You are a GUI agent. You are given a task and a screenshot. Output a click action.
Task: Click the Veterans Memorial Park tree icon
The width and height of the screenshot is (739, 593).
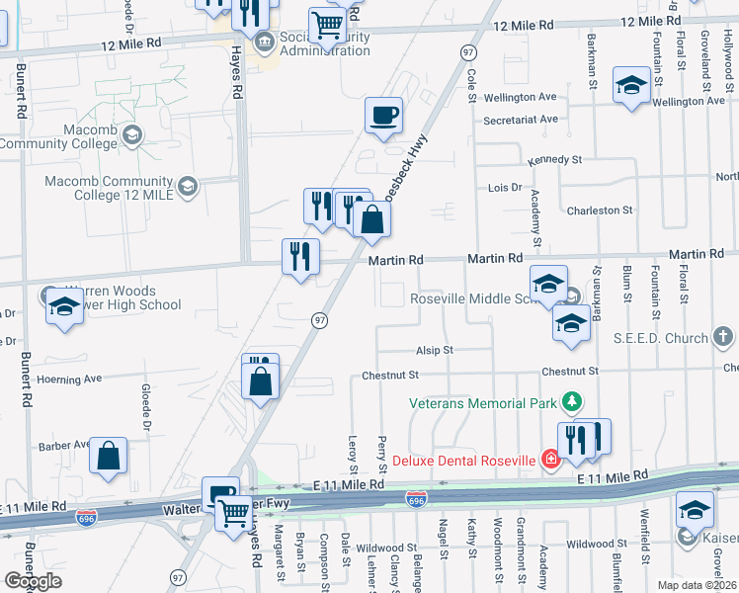[569, 401]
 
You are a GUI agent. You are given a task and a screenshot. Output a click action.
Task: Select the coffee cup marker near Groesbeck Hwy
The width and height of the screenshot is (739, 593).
[383, 115]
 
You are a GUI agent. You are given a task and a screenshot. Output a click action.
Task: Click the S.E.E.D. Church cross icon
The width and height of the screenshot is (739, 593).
[724, 338]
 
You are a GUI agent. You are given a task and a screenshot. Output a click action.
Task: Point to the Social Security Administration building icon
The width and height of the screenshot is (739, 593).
[264, 42]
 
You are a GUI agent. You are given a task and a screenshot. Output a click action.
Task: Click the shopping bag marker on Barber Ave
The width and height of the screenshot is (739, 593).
[109, 456]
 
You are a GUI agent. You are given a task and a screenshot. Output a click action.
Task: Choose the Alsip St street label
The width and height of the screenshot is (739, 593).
[434, 350]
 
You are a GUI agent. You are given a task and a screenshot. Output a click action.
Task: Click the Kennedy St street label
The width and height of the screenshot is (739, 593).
[554, 159]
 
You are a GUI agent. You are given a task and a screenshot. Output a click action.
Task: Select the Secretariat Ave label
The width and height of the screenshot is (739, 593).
[521, 120]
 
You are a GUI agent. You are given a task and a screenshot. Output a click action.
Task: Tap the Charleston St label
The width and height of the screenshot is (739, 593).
[599, 211]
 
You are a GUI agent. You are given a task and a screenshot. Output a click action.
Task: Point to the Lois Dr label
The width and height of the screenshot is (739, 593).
[504, 187]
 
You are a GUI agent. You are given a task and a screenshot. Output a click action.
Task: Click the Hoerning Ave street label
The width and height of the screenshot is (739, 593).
[69, 379]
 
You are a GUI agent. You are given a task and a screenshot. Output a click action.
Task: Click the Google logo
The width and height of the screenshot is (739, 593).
[33, 581]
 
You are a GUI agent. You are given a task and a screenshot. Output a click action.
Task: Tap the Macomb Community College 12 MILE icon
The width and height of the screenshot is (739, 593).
[187, 185]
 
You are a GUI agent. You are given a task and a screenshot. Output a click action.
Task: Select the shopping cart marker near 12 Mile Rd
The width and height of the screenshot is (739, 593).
[327, 25]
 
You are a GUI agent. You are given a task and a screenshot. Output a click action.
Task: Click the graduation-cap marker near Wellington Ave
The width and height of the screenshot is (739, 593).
[631, 85]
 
